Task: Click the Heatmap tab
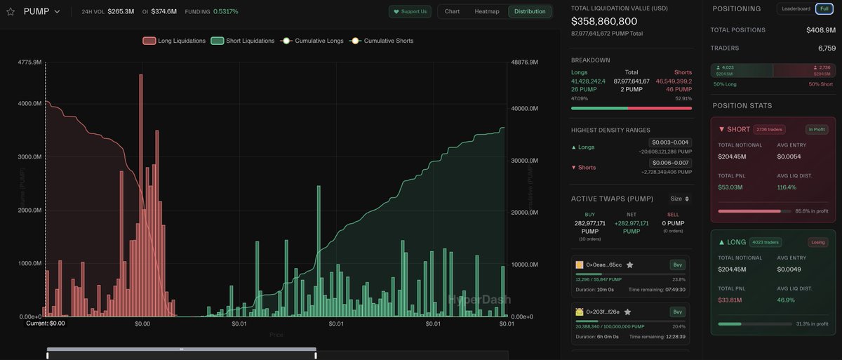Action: (x=487, y=12)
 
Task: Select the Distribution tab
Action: (x=530, y=12)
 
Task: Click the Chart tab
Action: (x=452, y=12)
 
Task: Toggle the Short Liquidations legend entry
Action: (x=243, y=41)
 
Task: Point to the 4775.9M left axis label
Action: (x=31, y=62)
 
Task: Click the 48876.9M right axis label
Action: (x=523, y=62)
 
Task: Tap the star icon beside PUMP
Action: (x=11, y=12)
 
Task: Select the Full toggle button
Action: (x=824, y=8)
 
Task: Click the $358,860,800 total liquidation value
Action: (x=604, y=21)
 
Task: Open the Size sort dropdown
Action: (x=680, y=199)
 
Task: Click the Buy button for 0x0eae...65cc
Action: (x=677, y=265)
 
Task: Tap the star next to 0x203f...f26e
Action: (x=627, y=312)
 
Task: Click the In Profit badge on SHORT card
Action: (x=816, y=129)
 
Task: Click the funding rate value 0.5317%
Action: (x=225, y=12)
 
